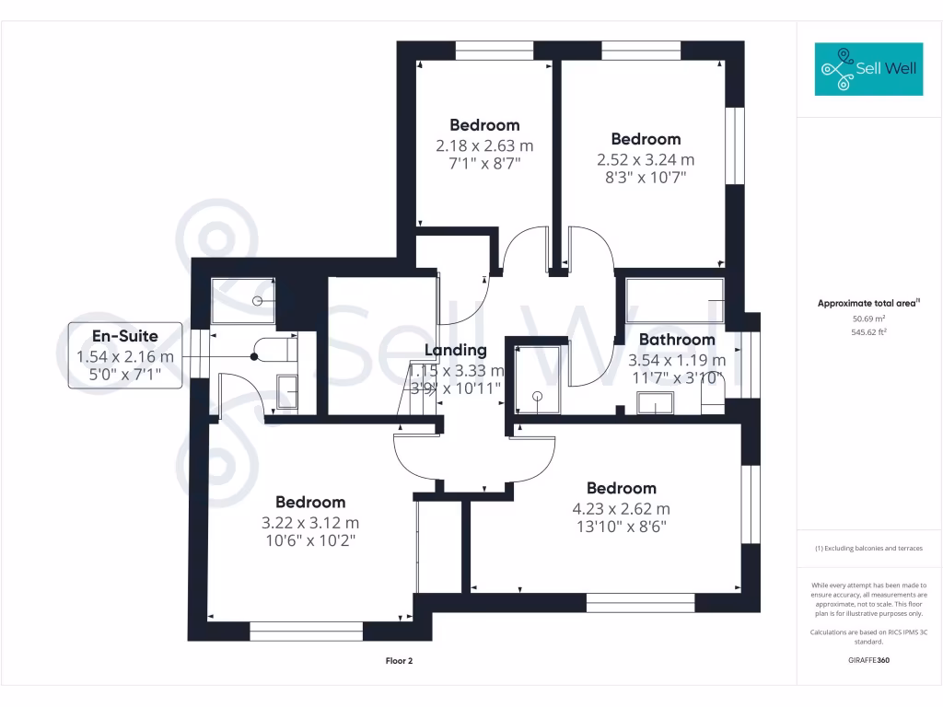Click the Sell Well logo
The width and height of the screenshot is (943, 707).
[868, 68]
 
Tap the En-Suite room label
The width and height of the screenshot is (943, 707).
[124, 337]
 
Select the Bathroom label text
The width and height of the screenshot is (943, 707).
[677, 340]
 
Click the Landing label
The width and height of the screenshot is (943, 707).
[455, 350]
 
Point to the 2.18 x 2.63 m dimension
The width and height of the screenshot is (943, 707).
[484, 145]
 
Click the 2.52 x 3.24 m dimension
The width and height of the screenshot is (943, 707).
[646, 159]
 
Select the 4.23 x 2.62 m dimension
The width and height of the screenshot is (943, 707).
[622, 508]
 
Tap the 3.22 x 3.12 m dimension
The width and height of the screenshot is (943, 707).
[310, 522]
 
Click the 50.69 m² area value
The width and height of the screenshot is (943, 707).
[868, 318]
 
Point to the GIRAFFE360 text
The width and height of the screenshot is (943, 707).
[868, 660]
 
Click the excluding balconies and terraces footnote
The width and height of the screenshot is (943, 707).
[868, 549]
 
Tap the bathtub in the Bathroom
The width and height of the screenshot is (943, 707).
[674, 299]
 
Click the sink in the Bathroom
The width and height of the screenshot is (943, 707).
[655, 402]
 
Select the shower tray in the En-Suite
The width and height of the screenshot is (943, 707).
[243, 301]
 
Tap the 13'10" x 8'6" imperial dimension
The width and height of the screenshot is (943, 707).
[622, 527]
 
